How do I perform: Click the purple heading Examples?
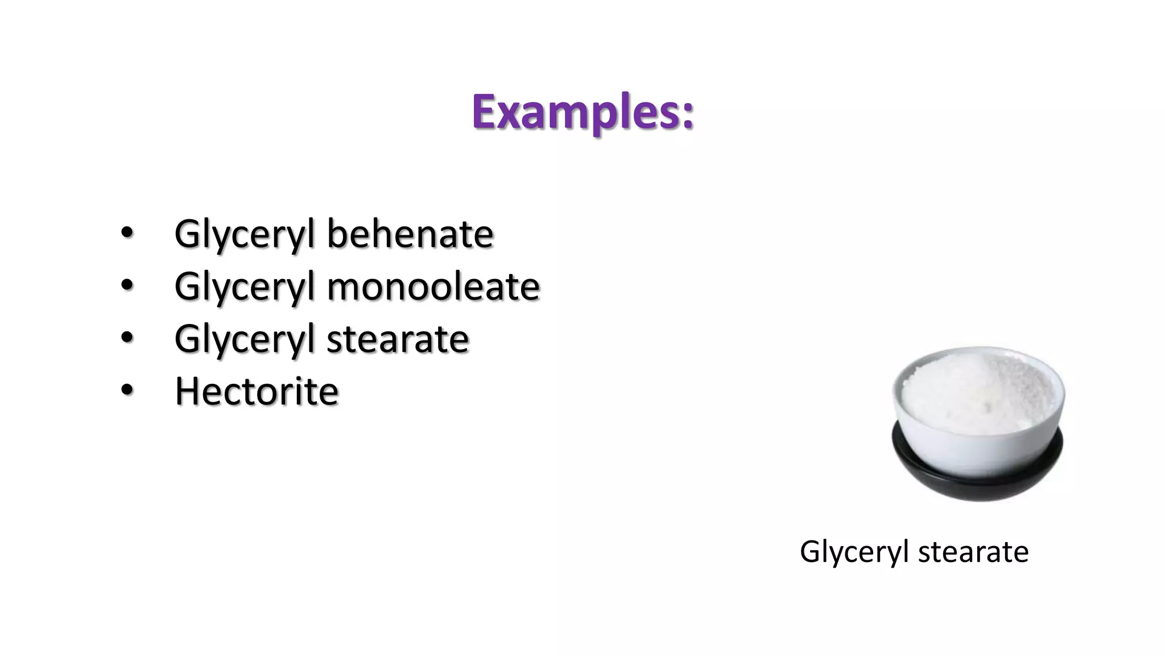click(x=582, y=112)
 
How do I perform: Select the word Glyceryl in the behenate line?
click(x=245, y=235)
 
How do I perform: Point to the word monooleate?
click(x=433, y=286)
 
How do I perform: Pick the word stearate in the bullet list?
click(x=397, y=339)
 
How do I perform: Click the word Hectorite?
click(x=257, y=391)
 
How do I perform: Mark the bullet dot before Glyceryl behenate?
click(x=127, y=233)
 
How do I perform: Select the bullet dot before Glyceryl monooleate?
click(x=127, y=285)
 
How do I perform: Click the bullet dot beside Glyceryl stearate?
click(x=127, y=338)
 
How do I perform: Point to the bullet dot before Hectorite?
click(x=127, y=390)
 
